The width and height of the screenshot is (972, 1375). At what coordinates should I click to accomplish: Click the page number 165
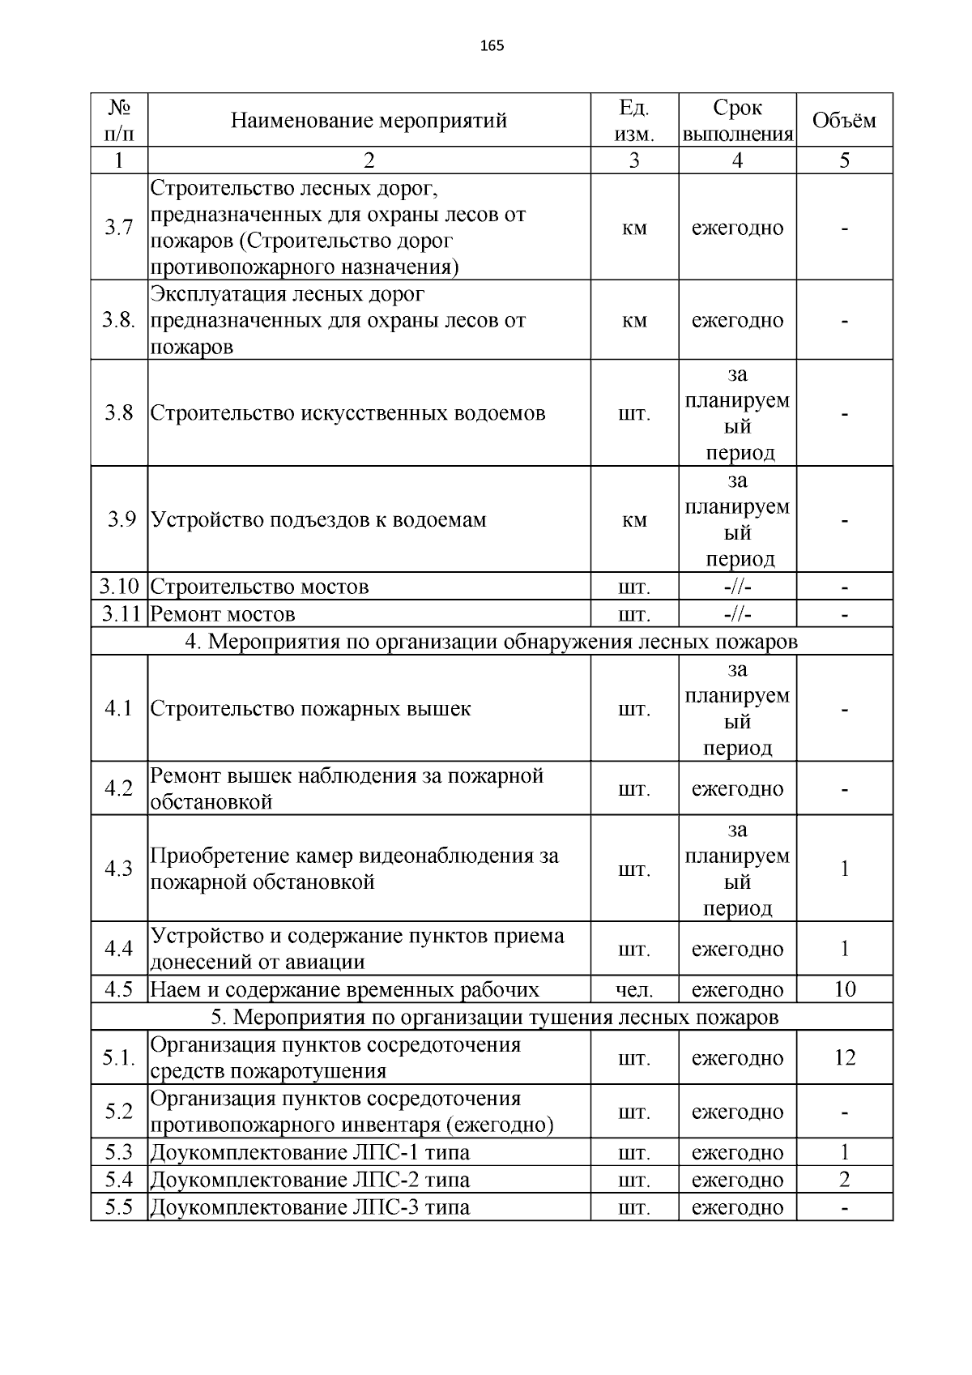pyautogui.click(x=492, y=46)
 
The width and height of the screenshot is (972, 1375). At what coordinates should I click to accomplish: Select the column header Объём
pyautogui.click(x=844, y=121)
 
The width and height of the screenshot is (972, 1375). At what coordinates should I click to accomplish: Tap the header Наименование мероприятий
pyautogui.click(x=369, y=121)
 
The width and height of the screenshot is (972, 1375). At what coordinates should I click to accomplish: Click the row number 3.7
pyautogui.click(x=118, y=228)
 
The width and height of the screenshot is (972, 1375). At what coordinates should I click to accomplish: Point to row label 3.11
pyautogui.click(x=120, y=614)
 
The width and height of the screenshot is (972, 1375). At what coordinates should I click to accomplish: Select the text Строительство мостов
pyautogui.click(x=259, y=587)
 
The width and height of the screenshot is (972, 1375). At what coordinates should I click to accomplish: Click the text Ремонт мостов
pyautogui.click(x=223, y=614)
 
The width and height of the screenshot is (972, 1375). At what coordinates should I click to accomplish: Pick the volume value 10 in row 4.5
pyautogui.click(x=844, y=989)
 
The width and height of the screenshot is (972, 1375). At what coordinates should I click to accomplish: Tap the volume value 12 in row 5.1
pyautogui.click(x=844, y=1057)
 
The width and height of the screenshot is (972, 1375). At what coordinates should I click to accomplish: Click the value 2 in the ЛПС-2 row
pyautogui.click(x=844, y=1180)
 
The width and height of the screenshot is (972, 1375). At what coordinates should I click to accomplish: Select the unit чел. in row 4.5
pyautogui.click(x=634, y=990)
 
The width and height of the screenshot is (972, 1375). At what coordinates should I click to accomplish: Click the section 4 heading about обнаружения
pyautogui.click(x=491, y=642)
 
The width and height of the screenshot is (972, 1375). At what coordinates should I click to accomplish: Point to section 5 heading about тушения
pyautogui.click(x=494, y=1017)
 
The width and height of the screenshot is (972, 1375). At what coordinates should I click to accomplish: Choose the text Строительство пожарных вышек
pyautogui.click(x=310, y=709)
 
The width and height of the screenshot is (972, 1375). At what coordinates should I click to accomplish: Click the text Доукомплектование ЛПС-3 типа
pyautogui.click(x=310, y=1207)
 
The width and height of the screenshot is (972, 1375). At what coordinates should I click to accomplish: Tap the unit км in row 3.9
pyautogui.click(x=634, y=520)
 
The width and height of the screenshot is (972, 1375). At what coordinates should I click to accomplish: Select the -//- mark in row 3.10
pyautogui.click(x=737, y=587)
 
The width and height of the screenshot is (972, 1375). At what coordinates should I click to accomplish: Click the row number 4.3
pyautogui.click(x=118, y=869)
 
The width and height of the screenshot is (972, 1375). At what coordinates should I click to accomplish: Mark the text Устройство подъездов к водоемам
pyautogui.click(x=318, y=520)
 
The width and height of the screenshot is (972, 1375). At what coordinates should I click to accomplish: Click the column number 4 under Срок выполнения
pyautogui.click(x=737, y=160)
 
